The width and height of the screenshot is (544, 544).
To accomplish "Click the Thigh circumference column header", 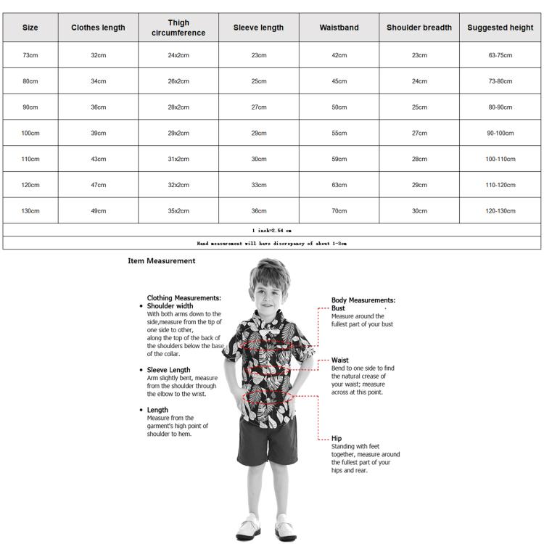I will point(178,28).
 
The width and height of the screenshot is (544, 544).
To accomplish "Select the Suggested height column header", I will point(500,28).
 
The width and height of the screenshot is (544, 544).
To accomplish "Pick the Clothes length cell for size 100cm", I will point(98,133).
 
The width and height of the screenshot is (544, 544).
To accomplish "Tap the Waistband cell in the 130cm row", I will point(339,211).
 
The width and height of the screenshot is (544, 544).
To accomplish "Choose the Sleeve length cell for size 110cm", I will point(258,159).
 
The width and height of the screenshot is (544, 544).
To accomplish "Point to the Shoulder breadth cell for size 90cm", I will point(419,107).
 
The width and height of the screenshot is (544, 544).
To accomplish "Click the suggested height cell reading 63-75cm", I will point(500,55).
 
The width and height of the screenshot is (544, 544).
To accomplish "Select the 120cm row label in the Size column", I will point(30,185).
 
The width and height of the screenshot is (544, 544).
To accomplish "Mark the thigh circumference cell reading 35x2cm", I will point(178,211).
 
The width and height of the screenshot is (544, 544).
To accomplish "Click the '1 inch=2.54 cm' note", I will point(271,230).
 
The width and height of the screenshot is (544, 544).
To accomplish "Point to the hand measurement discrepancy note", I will point(271,244).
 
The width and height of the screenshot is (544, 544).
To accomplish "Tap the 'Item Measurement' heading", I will point(161,261).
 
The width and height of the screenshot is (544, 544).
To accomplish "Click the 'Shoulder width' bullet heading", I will point(170,306).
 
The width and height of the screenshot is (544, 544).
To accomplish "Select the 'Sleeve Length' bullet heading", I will point(168,370).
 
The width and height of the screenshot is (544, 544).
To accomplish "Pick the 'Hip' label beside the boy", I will point(337,438).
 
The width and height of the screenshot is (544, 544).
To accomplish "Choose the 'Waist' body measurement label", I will point(339,360).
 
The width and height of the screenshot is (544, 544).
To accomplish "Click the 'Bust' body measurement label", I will point(338,308).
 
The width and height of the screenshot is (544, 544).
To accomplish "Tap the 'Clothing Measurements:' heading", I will point(184,297).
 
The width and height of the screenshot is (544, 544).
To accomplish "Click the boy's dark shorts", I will point(267,439).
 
